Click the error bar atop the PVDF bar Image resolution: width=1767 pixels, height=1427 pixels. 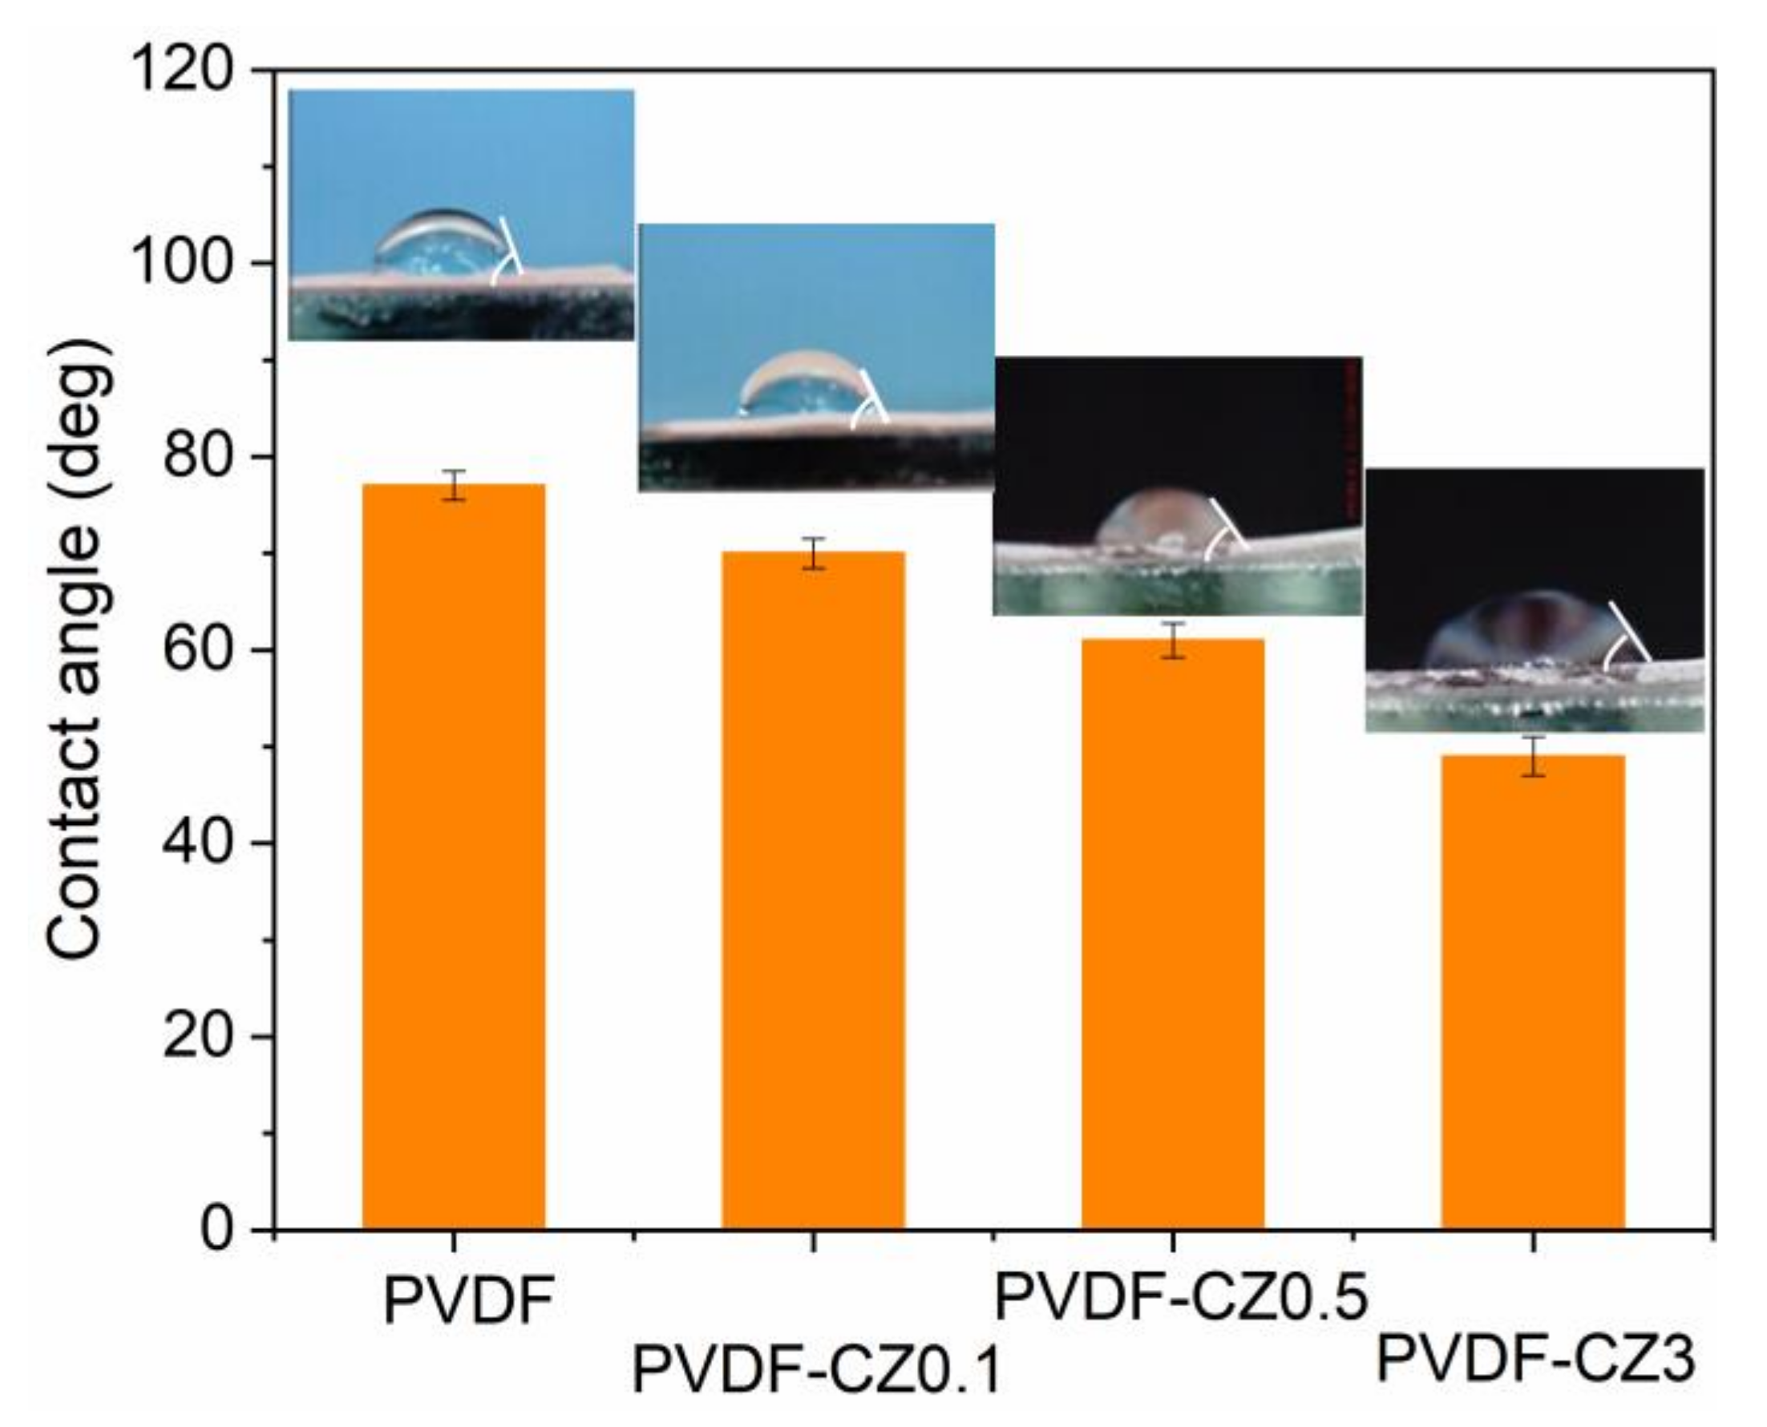pos(454,485)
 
